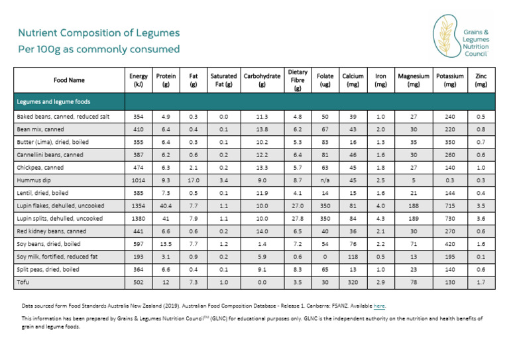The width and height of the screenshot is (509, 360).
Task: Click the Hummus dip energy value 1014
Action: [x=139, y=180]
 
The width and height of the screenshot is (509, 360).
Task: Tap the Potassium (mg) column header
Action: [x=450, y=80]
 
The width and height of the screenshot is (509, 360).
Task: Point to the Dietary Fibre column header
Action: [x=298, y=80]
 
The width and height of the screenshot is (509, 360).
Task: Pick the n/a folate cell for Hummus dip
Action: [x=325, y=180]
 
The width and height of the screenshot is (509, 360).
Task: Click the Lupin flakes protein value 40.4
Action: [x=165, y=205]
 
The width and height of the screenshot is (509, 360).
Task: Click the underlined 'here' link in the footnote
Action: [x=378, y=306]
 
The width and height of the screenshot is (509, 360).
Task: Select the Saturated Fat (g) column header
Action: [x=223, y=80]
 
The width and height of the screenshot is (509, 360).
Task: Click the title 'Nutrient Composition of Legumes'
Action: [x=98, y=33]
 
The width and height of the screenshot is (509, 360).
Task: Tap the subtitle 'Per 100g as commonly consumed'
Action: [x=98, y=49]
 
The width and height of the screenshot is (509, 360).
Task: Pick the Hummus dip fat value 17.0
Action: [x=193, y=180]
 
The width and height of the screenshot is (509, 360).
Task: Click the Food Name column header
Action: [x=69, y=80]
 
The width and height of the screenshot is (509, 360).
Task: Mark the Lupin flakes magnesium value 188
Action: [x=414, y=205]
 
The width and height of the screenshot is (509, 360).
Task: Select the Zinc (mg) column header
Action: [x=481, y=80]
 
